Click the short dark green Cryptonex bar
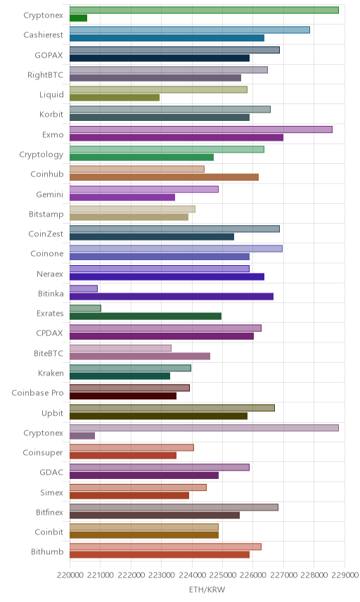click(78, 18)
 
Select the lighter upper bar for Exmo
click(201, 129)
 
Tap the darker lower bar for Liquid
click(115, 98)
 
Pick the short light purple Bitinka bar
click(84, 288)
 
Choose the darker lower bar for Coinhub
click(165, 177)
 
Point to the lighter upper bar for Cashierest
click(190, 30)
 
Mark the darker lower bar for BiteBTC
click(140, 356)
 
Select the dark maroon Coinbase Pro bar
click(123, 396)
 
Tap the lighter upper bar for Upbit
click(172, 408)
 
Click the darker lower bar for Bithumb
click(160, 554)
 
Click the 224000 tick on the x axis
click(192, 575)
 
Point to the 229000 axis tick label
click(345, 575)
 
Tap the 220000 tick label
click(70, 575)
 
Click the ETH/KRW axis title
click(207, 589)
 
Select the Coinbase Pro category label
click(37, 392)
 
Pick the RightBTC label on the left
click(45, 75)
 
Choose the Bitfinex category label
click(49, 512)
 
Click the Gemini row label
click(50, 195)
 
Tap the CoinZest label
click(46, 233)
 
